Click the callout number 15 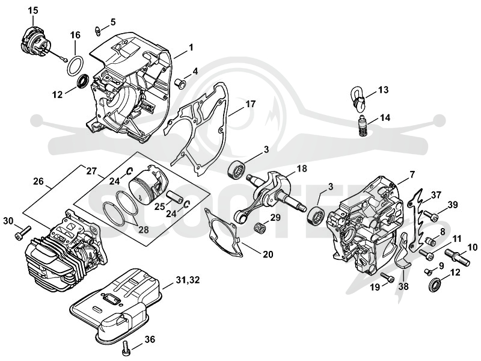[x=33, y=10]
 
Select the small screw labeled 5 [x=97, y=31]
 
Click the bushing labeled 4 [x=179, y=83]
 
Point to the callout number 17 [x=250, y=104]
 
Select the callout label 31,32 [x=188, y=280]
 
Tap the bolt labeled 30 [x=23, y=232]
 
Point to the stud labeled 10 [x=457, y=256]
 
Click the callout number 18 [x=302, y=168]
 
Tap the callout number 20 [x=268, y=255]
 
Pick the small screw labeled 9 [x=429, y=271]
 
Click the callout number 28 [x=144, y=229]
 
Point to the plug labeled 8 [x=430, y=240]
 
